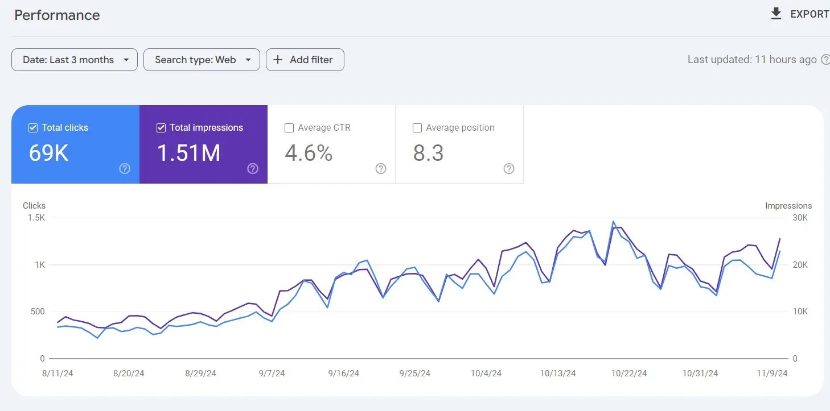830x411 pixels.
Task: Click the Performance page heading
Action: (x=57, y=15)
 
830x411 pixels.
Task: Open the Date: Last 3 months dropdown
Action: (x=75, y=60)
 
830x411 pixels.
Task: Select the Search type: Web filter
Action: (x=202, y=60)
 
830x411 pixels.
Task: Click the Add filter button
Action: (x=305, y=60)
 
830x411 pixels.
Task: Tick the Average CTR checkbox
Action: (x=289, y=128)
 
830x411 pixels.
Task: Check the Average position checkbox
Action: (x=417, y=128)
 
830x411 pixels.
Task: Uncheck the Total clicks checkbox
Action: (x=33, y=128)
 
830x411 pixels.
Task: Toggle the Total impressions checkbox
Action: (x=161, y=128)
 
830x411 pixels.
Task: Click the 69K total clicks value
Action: (x=48, y=153)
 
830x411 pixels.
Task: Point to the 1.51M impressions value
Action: (x=188, y=153)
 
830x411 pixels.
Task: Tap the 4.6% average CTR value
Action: (x=309, y=153)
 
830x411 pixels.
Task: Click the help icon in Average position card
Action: (x=509, y=169)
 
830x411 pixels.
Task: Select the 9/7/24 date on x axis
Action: (x=272, y=373)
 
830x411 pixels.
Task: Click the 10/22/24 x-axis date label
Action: (x=629, y=373)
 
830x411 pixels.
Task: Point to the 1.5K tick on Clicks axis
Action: (x=36, y=218)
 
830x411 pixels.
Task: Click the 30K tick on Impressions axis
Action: (x=800, y=218)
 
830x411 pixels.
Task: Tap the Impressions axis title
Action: (x=788, y=206)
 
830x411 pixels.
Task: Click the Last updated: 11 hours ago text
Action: (x=751, y=60)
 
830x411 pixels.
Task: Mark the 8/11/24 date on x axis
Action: (x=57, y=373)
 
